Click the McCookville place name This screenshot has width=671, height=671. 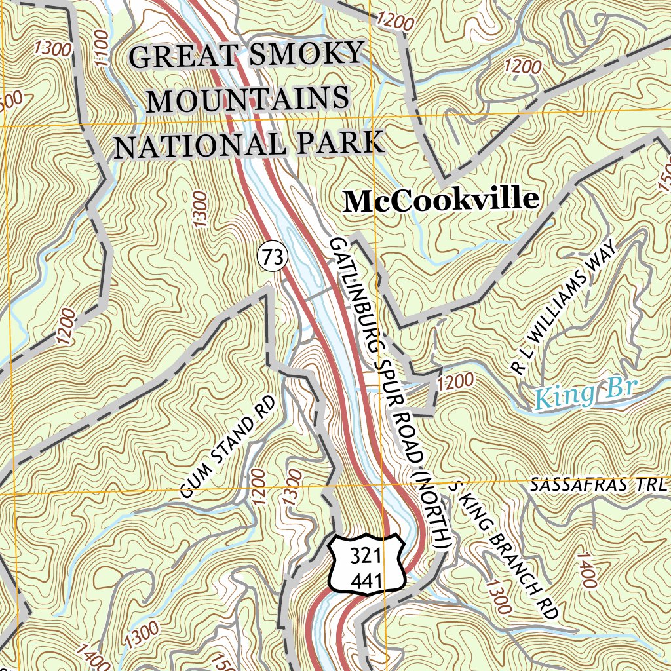pos(441,201)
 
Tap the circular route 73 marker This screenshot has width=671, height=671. pos(273,258)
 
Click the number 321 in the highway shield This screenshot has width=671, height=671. pos(366,556)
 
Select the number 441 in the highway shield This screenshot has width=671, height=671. pos(366,579)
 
